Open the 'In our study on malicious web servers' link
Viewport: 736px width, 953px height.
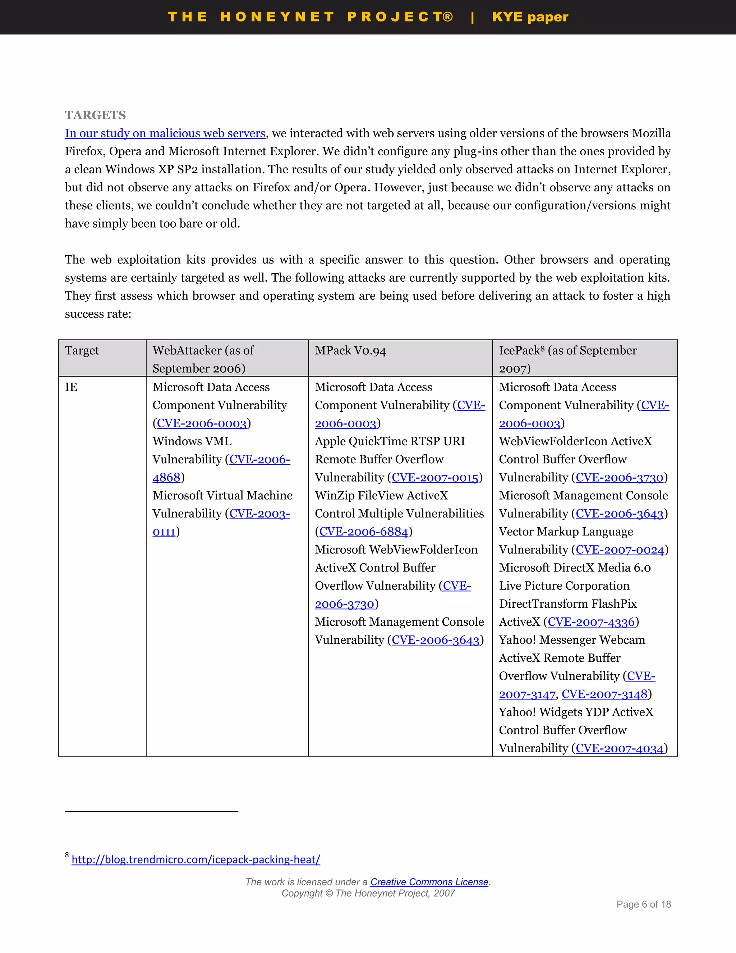tap(165, 133)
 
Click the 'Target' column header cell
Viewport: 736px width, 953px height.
tap(82, 351)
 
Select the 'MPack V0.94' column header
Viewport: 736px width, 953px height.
tap(350, 351)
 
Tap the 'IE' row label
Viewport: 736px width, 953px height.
tap(71, 387)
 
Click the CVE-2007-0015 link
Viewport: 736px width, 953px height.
tap(435, 478)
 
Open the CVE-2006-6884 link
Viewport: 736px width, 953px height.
tap(363, 532)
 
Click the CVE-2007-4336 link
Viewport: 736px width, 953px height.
tap(591, 622)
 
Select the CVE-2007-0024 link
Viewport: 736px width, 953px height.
tap(619, 550)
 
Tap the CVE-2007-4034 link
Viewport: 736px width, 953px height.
tap(619, 749)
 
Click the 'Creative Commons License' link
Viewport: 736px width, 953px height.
tap(429, 882)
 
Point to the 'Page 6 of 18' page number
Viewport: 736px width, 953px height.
tap(643, 904)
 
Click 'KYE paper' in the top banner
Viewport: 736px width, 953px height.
tap(530, 17)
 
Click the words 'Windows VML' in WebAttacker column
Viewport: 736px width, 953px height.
tap(192, 442)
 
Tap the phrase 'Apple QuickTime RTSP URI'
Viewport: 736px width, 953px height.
tap(390, 442)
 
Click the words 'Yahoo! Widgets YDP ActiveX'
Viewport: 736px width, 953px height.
tap(576, 712)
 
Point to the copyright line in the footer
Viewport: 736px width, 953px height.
tap(368, 894)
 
